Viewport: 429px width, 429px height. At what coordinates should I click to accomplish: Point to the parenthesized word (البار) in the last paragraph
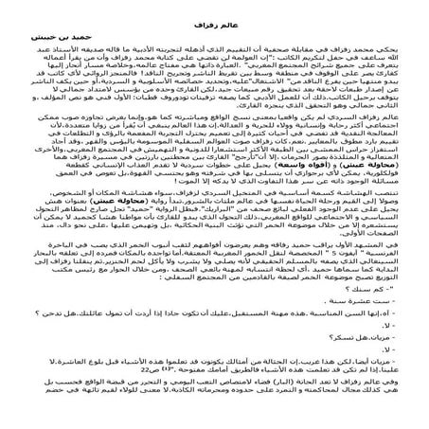click(x=284, y=428)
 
